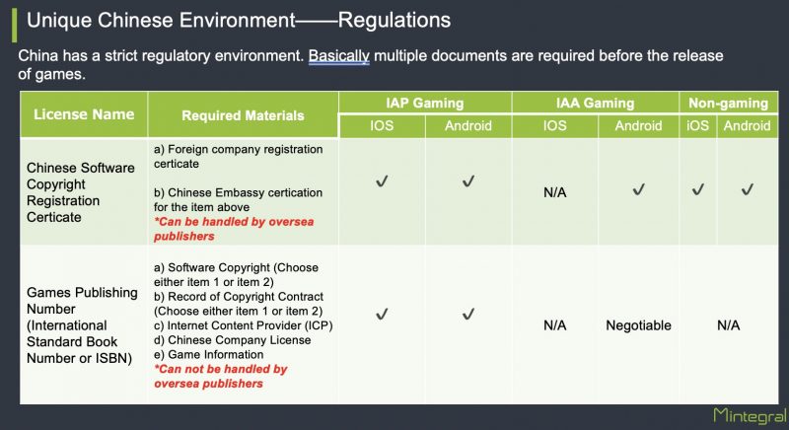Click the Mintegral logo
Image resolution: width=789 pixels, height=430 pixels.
[x=750, y=415]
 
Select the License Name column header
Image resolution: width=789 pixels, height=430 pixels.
[x=84, y=114]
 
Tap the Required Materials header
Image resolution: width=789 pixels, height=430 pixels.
[x=243, y=115]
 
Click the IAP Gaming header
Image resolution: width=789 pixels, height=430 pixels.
[x=425, y=104]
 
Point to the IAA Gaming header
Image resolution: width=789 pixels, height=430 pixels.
[x=596, y=104]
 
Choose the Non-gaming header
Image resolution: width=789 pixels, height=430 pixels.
[x=728, y=104]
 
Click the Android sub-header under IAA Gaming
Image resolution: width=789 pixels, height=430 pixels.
[x=638, y=125]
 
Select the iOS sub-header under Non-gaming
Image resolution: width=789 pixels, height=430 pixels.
[x=697, y=125]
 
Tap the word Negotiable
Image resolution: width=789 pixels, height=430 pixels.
[x=638, y=325]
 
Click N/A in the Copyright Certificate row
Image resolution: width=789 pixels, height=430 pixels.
[x=554, y=192]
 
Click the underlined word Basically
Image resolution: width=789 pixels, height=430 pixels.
[x=338, y=55]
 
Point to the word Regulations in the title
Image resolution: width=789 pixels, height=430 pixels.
[x=394, y=20]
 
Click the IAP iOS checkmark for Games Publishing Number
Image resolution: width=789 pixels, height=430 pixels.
[x=382, y=315]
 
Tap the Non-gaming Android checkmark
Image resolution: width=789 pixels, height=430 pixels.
[x=748, y=189]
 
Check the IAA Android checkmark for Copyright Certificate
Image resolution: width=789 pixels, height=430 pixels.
[x=638, y=189]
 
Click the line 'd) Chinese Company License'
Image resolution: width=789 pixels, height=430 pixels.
[x=232, y=340]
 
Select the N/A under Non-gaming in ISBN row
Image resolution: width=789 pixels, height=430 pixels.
[x=728, y=325]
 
